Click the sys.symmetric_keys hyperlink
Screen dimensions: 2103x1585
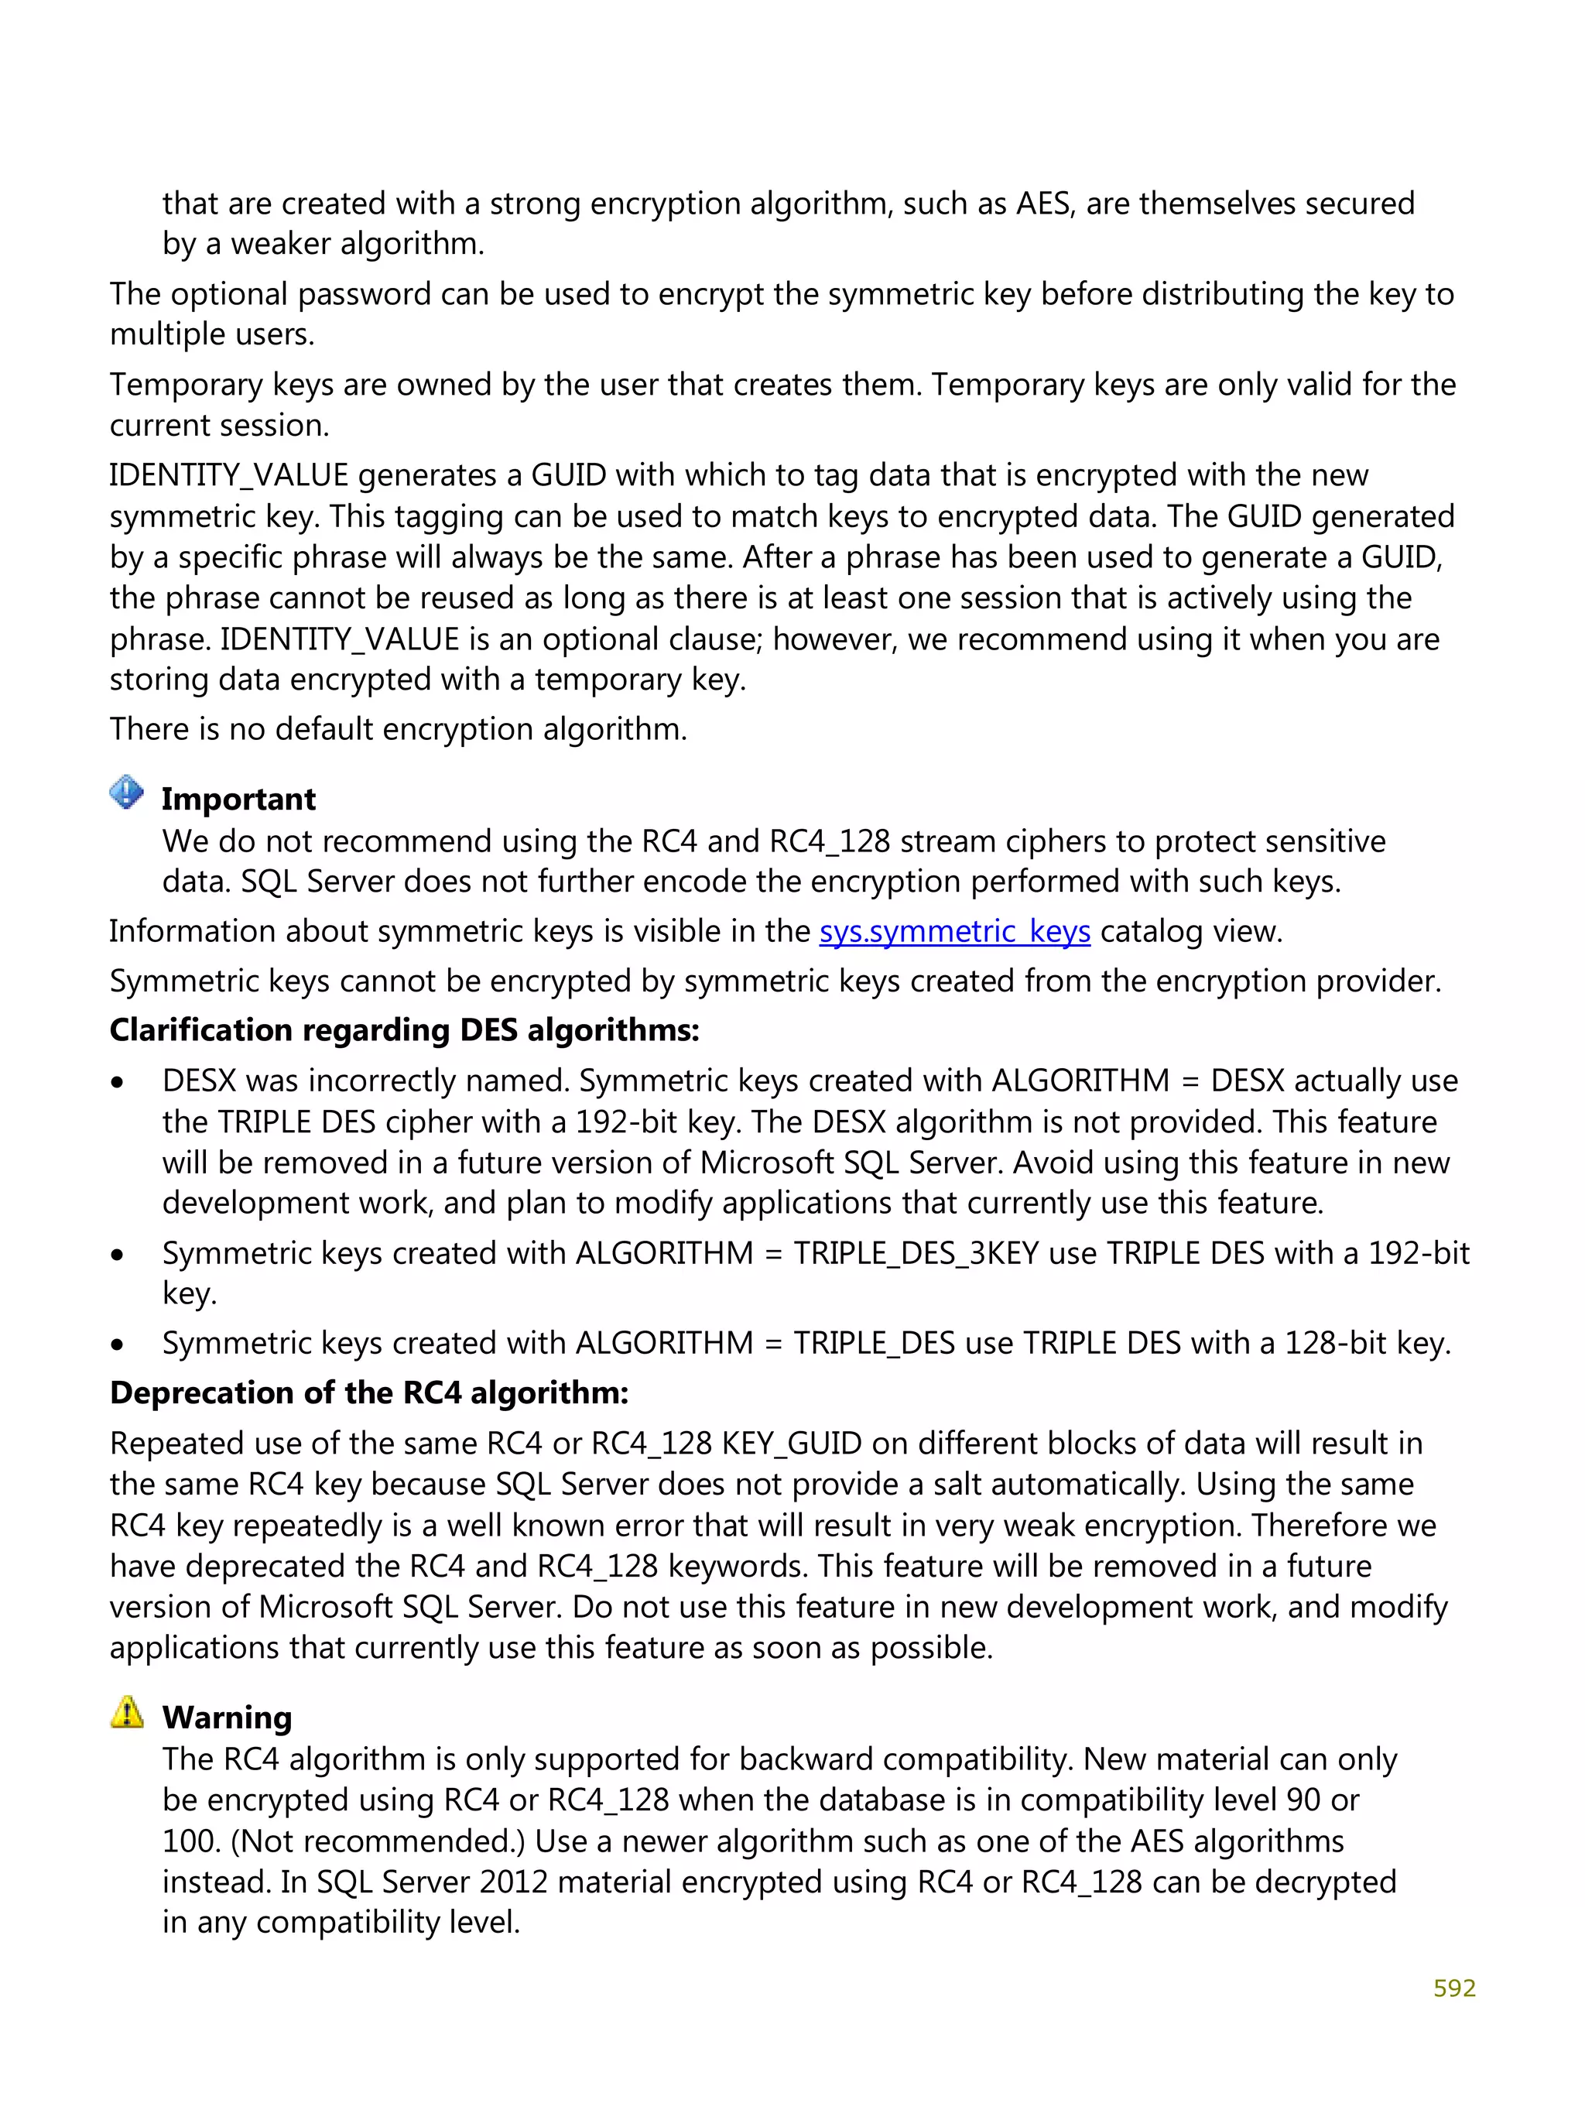click(953, 932)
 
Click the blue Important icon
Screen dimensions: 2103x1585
click(126, 791)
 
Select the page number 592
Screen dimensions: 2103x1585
click(1453, 1987)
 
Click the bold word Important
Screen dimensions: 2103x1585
click(238, 800)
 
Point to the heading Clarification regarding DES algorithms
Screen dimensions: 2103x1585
click(404, 1030)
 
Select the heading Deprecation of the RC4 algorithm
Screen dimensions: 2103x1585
click(369, 1392)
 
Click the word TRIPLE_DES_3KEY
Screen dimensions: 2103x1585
click(916, 1253)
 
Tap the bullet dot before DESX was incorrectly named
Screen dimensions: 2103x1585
click(117, 1083)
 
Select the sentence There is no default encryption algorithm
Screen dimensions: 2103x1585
click(398, 729)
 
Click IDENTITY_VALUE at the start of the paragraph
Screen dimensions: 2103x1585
click(228, 475)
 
